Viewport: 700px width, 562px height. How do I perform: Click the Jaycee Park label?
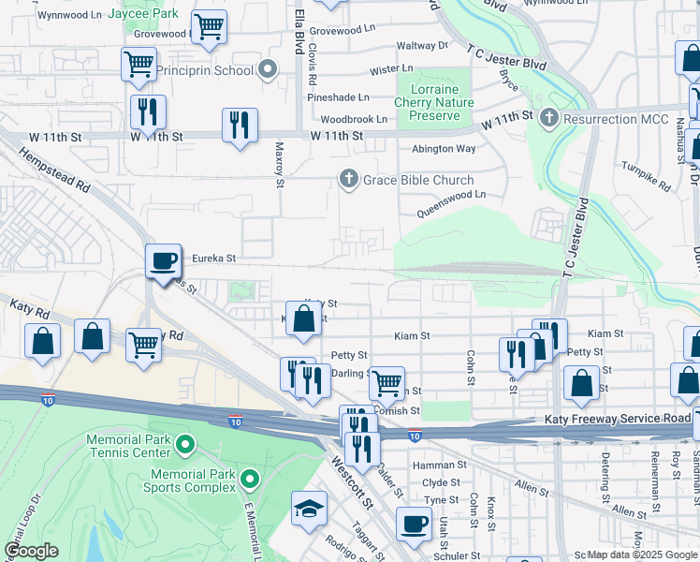142,15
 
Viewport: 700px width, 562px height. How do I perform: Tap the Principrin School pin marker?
268,70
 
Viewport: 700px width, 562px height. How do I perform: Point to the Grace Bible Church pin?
349,180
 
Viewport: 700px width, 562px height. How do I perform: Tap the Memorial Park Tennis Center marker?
184,445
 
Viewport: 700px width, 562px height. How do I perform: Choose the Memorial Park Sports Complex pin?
249,481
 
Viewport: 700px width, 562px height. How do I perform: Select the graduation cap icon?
309,509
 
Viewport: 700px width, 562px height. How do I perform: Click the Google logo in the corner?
32,551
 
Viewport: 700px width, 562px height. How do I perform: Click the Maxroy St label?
280,164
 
